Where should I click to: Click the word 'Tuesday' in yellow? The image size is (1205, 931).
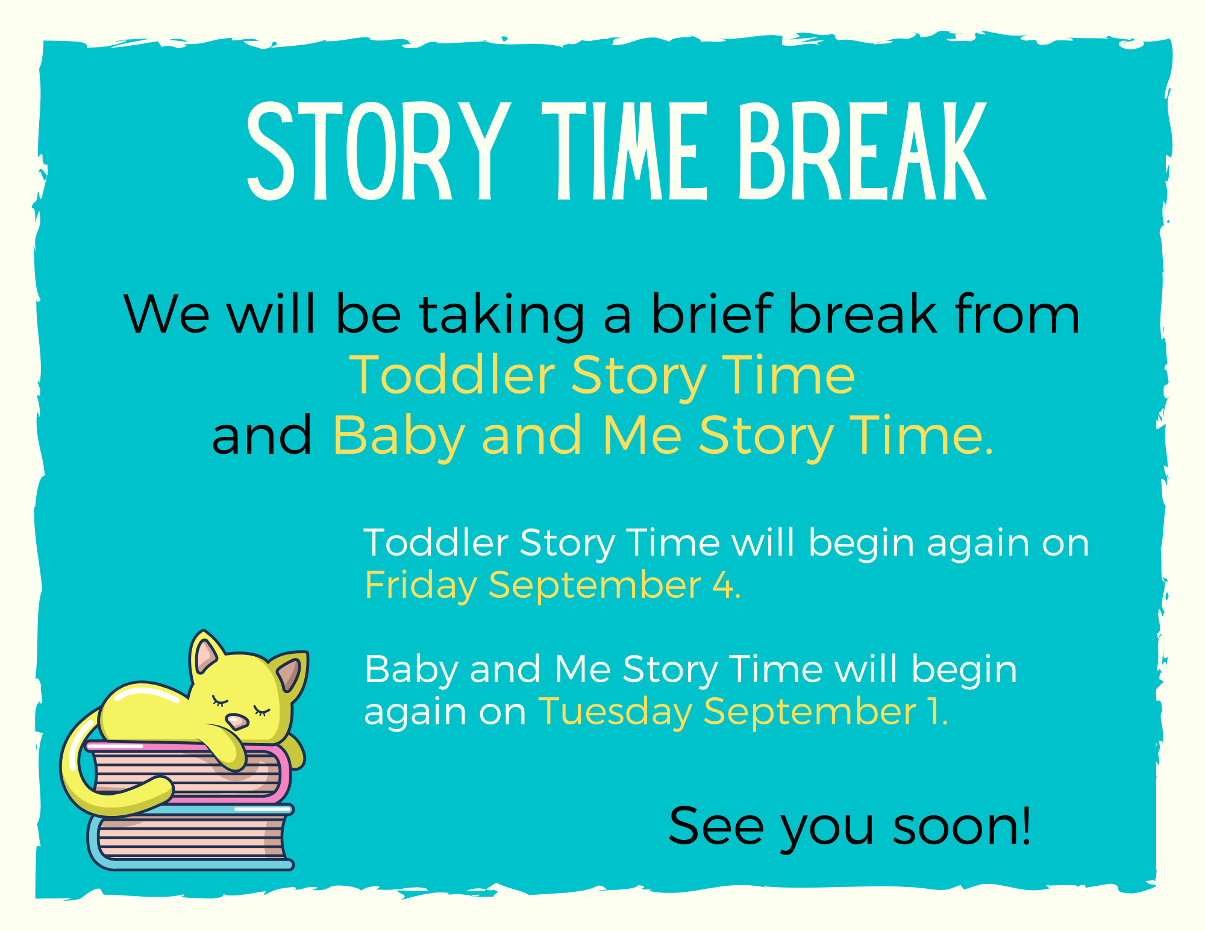[x=615, y=712]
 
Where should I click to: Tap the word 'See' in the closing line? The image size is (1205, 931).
[x=716, y=826]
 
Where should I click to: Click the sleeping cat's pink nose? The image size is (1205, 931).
[x=237, y=721]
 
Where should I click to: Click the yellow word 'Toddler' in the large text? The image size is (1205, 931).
[x=452, y=375]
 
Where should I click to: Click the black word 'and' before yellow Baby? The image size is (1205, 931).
[x=262, y=435]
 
